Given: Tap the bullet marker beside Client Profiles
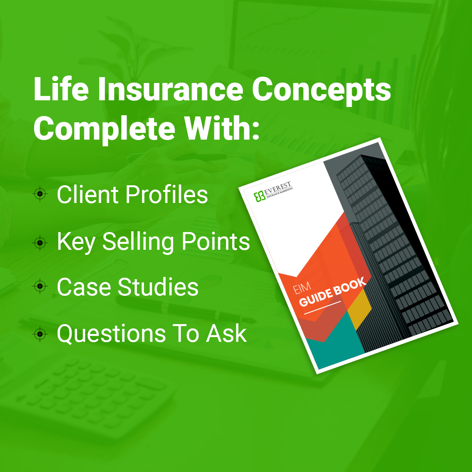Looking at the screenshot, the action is (40, 194).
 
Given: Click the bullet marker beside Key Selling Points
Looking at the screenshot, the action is (40, 243).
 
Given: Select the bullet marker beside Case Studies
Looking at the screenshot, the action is (40, 286).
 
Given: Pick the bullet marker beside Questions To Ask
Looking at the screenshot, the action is (40, 334).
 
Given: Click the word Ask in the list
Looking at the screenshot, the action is (226, 334).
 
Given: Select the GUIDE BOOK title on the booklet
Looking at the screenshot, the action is (333, 292).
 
